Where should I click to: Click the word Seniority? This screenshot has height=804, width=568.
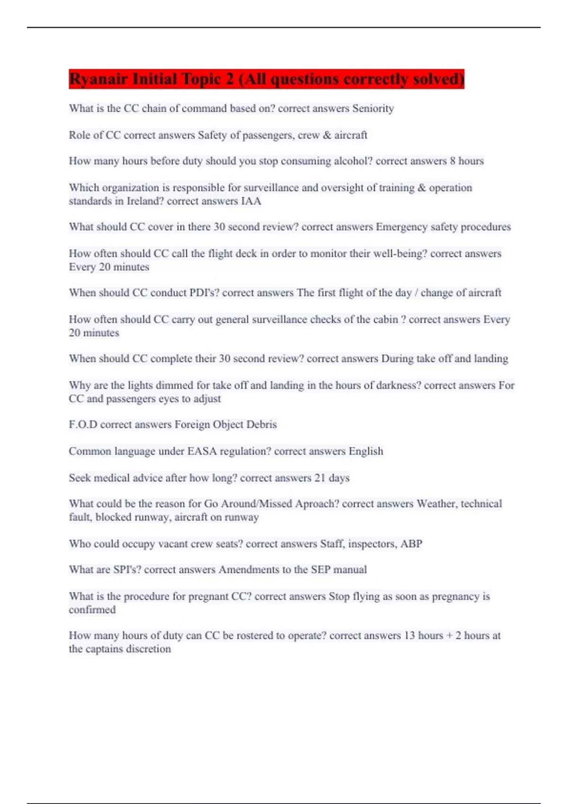[373, 108]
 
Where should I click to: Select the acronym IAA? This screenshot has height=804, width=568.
[251, 201]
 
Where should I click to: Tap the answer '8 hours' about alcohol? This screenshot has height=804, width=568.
[467, 161]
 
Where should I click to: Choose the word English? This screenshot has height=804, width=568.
[366, 451]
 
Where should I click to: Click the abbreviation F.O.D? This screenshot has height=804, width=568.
[83, 424]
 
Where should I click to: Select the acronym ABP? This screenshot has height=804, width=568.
[411, 544]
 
